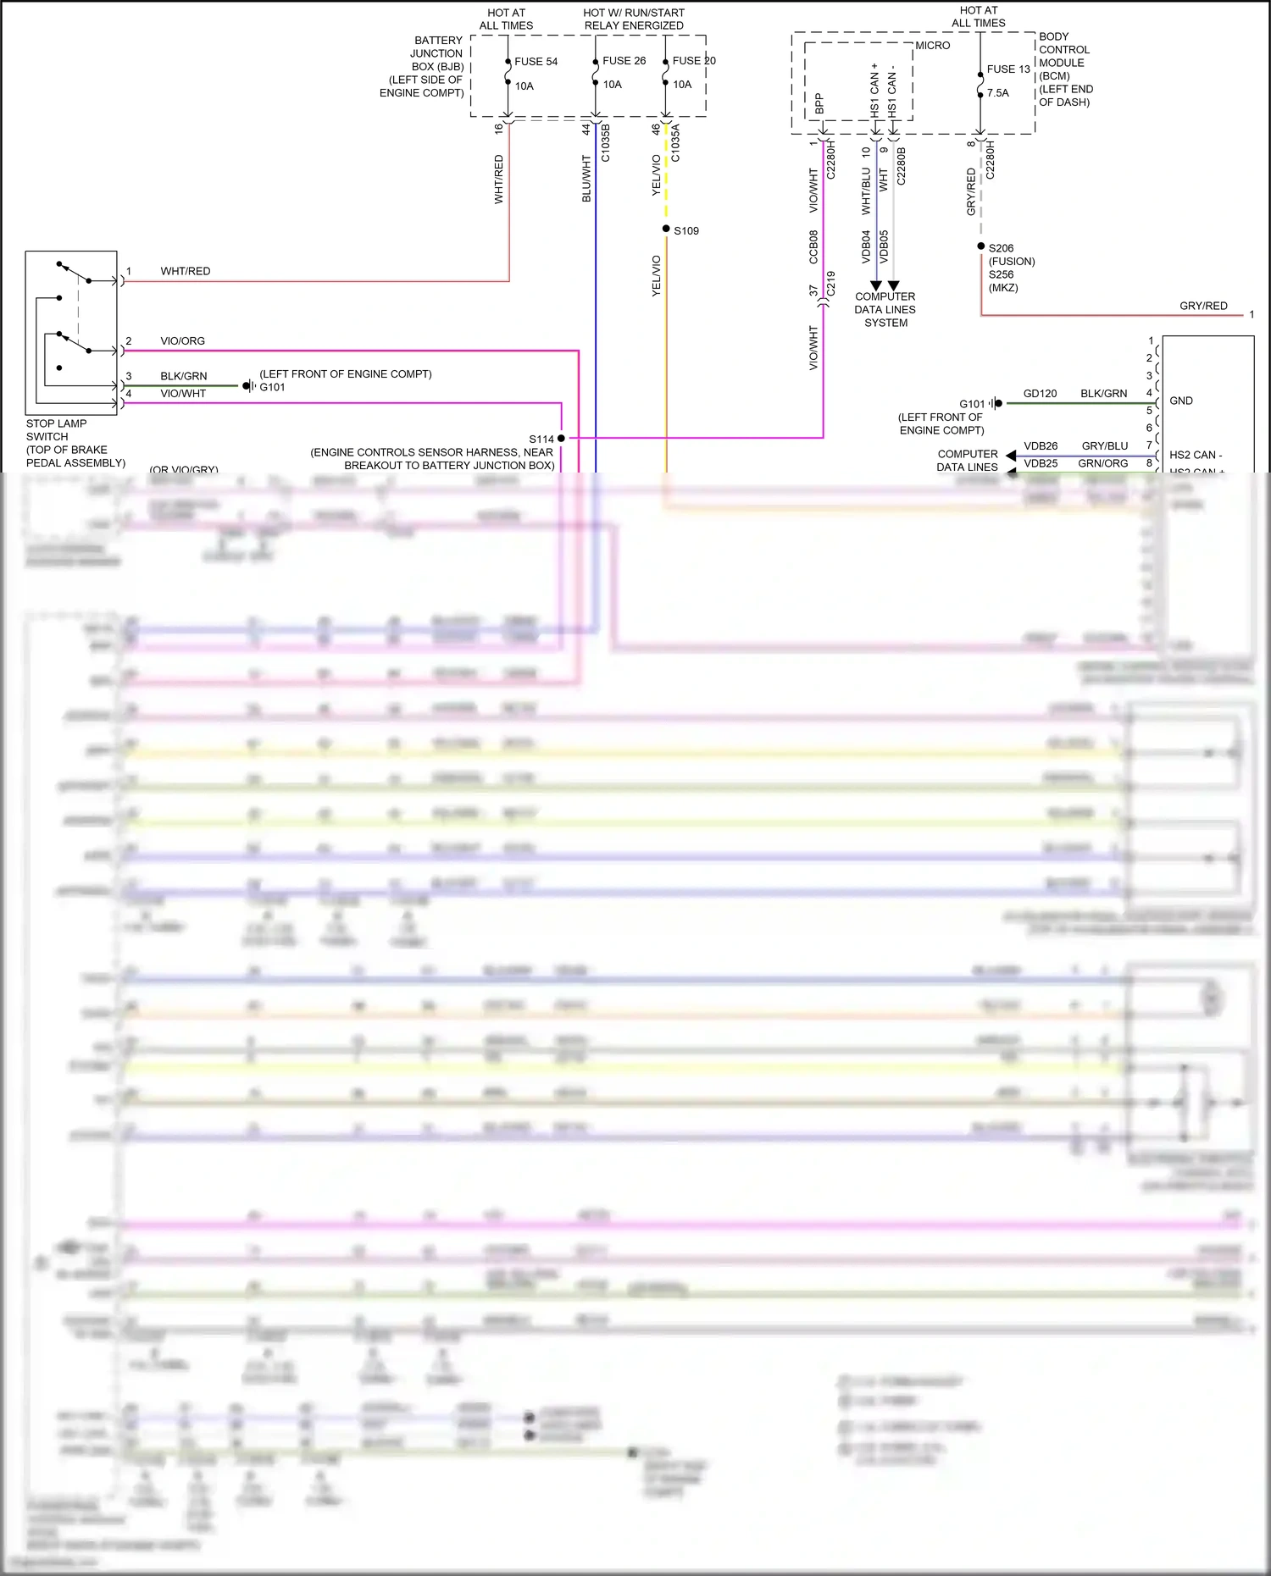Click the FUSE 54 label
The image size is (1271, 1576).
pyautogui.click(x=536, y=62)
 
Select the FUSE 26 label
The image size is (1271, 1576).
pyautogui.click(x=624, y=61)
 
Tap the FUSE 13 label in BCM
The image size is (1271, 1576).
pyautogui.click(x=1008, y=69)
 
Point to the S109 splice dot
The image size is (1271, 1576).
pyautogui.click(x=666, y=229)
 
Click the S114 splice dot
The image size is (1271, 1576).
pyautogui.click(x=561, y=438)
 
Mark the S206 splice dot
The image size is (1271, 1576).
pyautogui.click(x=981, y=246)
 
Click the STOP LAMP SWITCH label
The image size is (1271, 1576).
pyautogui.click(x=56, y=430)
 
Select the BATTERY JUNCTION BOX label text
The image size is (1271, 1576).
pyautogui.click(x=436, y=53)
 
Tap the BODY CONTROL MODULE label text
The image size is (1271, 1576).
pyautogui.click(x=1063, y=50)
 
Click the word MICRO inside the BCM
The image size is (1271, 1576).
pyautogui.click(x=932, y=46)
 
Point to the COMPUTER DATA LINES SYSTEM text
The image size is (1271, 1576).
pyautogui.click(x=885, y=310)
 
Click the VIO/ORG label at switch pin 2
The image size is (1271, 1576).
pyautogui.click(x=182, y=341)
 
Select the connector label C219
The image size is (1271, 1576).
pyautogui.click(x=831, y=283)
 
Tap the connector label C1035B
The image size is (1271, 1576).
pyautogui.click(x=606, y=143)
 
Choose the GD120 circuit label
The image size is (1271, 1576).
pyautogui.click(x=1040, y=394)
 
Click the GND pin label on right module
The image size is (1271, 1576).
pyautogui.click(x=1180, y=401)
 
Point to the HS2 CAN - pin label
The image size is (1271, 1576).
pyautogui.click(x=1195, y=455)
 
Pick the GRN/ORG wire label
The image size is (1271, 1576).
pyautogui.click(x=1102, y=464)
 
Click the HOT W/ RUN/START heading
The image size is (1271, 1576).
pyautogui.click(x=633, y=14)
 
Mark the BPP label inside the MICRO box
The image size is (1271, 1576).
pyautogui.click(x=819, y=103)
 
